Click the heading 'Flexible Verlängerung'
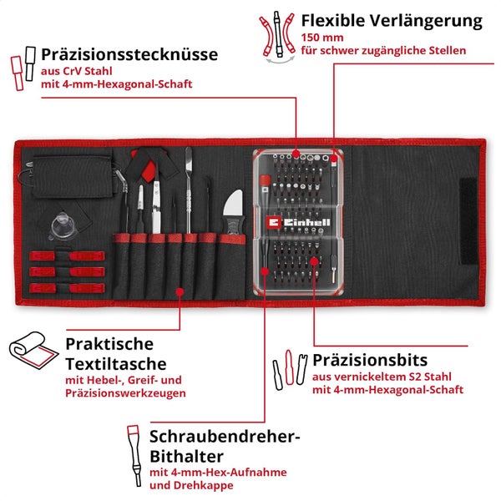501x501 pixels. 392,20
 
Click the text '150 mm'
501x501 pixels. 321,38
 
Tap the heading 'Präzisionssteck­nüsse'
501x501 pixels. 129,54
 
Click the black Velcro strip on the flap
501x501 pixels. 463,221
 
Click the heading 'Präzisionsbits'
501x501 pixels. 370,360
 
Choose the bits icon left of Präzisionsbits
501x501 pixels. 286,367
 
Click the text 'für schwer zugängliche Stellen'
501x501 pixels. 384,50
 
